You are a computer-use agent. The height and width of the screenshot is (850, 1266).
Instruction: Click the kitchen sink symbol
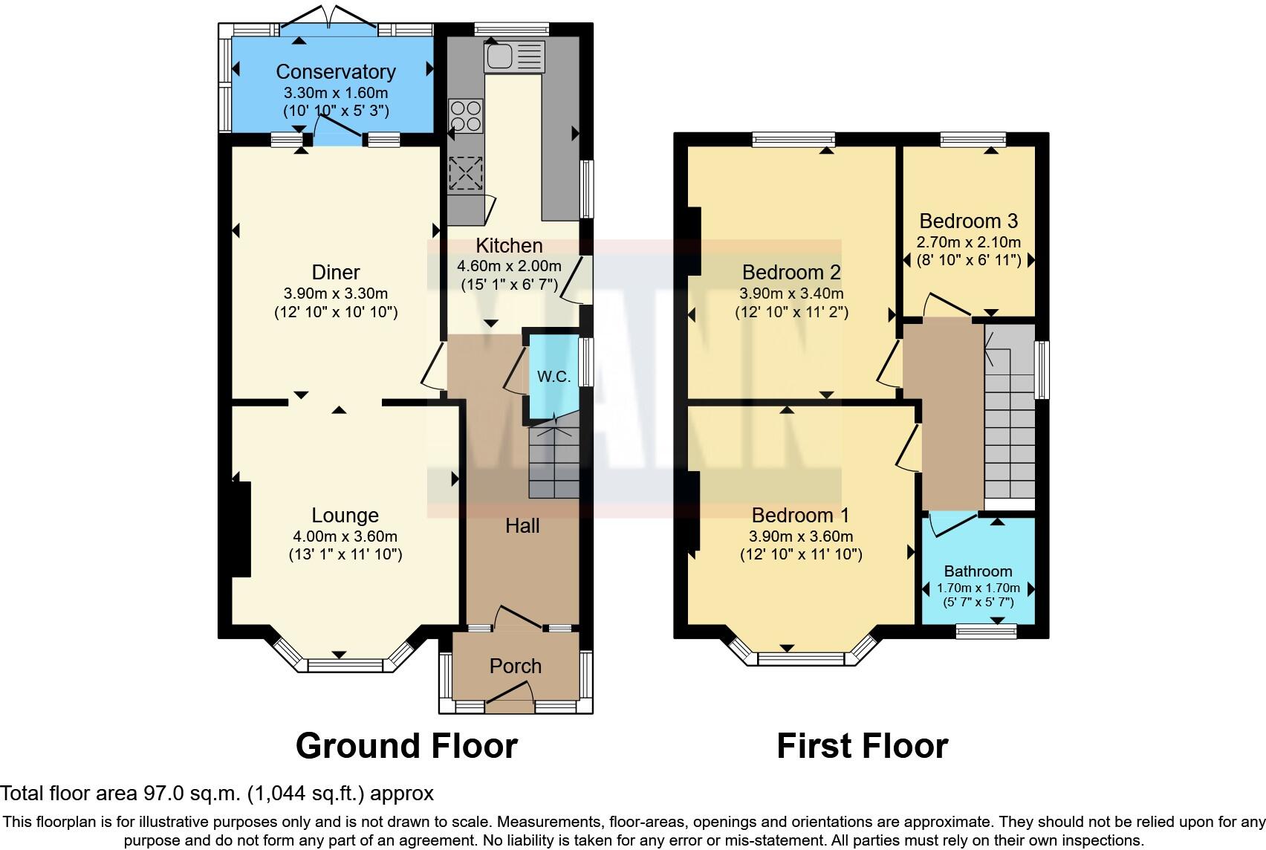click(x=514, y=56)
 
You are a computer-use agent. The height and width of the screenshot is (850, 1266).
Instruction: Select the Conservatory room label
click(x=335, y=71)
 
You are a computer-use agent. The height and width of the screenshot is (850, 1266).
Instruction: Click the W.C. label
click(x=554, y=377)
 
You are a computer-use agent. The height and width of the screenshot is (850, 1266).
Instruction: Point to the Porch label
click(x=515, y=666)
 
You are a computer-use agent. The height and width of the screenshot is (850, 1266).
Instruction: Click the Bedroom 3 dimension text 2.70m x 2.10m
click(x=968, y=242)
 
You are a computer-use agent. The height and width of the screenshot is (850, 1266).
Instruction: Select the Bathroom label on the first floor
click(x=978, y=571)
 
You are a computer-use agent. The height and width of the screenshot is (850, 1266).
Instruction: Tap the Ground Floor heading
click(x=406, y=746)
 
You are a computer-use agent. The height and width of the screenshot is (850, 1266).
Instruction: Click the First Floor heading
click(x=862, y=746)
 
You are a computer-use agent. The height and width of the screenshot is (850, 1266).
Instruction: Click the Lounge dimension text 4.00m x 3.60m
click(x=345, y=536)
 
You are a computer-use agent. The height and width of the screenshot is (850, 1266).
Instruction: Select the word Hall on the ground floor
click(x=522, y=526)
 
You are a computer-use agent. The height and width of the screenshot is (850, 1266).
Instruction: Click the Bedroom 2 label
click(x=791, y=272)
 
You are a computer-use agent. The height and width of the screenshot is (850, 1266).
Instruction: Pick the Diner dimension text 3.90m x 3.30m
click(x=336, y=293)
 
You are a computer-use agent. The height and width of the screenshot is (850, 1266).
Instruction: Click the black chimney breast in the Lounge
click(x=240, y=529)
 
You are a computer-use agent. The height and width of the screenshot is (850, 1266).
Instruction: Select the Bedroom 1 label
click(x=800, y=515)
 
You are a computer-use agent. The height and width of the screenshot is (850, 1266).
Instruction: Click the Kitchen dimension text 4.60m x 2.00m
click(x=509, y=266)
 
